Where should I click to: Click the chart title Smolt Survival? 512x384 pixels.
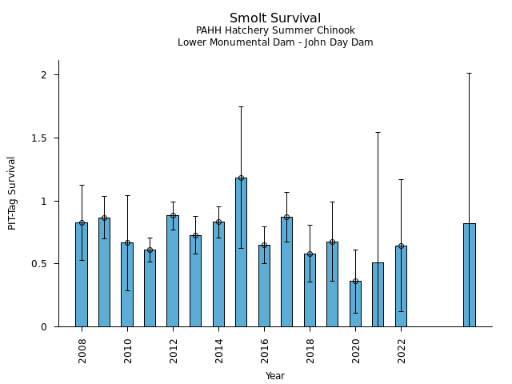(275, 18)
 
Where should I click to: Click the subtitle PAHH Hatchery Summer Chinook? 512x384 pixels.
(275, 30)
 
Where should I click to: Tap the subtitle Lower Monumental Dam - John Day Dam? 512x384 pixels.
(275, 42)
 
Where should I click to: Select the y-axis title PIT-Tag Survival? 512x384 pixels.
(12, 193)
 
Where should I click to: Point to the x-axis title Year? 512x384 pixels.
(275, 376)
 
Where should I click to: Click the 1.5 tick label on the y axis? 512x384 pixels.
(45, 138)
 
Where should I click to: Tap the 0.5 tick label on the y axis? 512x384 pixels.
(45, 264)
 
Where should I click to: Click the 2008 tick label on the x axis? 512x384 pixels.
(82, 350)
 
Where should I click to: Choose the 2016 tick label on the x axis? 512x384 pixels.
(264, 350)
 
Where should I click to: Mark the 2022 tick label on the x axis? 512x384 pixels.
(401, 350)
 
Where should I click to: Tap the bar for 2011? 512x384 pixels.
(150, 288)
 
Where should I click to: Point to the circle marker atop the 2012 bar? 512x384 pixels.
(173, 215)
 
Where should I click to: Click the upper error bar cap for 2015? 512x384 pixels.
(241, 106)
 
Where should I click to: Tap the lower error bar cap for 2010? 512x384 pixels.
(127, 290)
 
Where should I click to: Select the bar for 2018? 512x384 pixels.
(310, 290)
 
